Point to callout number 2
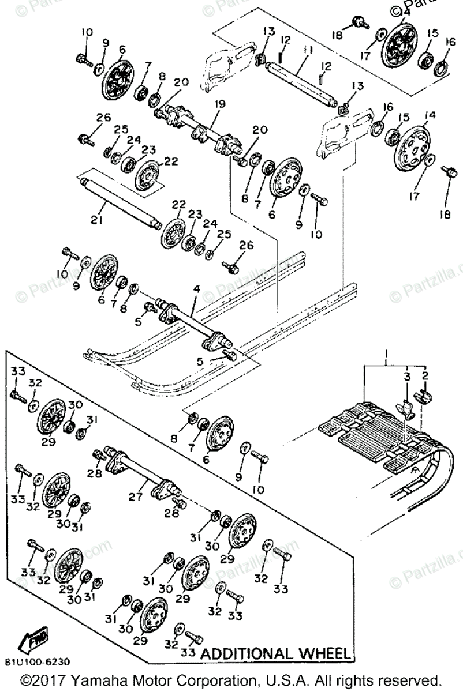coord(425,375)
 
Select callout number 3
coord(407,375)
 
